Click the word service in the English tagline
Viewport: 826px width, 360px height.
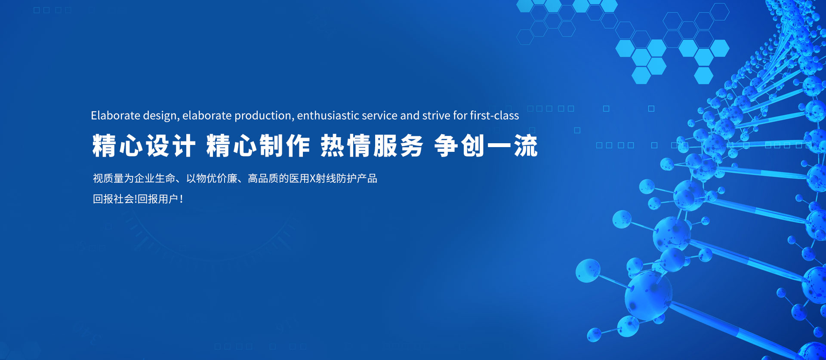(x=380, y=115)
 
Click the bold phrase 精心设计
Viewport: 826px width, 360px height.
(x=144, y=146)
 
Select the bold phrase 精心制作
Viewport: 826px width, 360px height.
(x=258, y=146)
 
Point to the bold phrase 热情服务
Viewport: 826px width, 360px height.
(x=372, y=146)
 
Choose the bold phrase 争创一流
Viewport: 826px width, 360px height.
(x=486, y=146)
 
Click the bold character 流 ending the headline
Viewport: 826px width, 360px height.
(x=526, y=146)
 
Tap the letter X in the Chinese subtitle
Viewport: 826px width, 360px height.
(x=313, y=178)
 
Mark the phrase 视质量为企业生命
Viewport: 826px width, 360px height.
(x=134, y=178)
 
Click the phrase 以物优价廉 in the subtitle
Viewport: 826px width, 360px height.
(x=212, y=178)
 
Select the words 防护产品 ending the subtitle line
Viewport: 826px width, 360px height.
(x=357, y=178)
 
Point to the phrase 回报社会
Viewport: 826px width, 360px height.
(x=114, y=199)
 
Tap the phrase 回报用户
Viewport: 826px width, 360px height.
(x=158, y=199)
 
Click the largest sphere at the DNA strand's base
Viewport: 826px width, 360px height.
(x=648, y=296)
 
